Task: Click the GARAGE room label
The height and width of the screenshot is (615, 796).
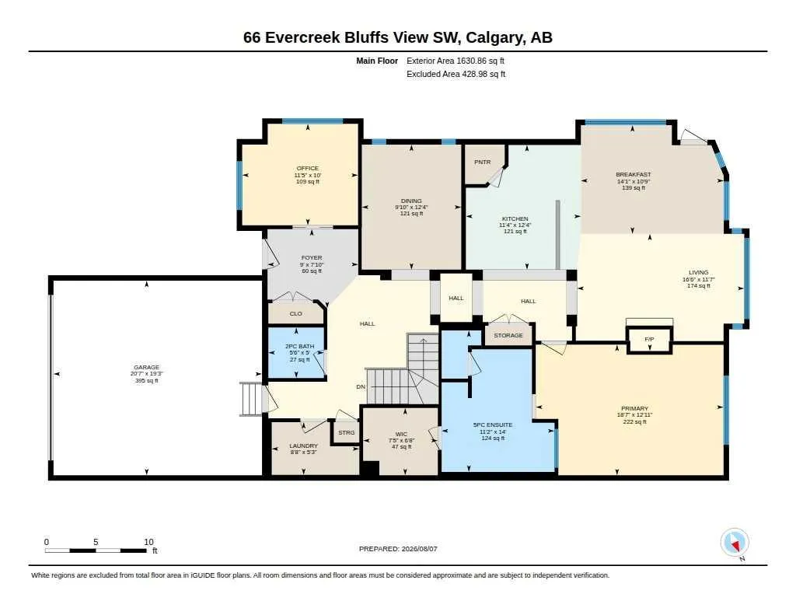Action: pos(147,367)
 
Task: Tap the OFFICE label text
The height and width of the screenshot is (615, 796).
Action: pos(308,168)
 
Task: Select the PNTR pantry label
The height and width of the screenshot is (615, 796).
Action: pos(482,162)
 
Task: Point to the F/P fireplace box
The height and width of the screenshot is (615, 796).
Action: pos(649,339)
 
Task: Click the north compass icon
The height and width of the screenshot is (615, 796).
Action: pos(735,543)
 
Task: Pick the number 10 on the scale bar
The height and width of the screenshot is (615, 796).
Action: pos(148,542)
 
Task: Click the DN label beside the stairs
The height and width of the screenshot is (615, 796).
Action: pos(361,386)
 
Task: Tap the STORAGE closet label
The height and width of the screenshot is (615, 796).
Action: pos(508,335)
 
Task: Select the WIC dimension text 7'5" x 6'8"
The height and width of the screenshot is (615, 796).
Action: pos(401,440)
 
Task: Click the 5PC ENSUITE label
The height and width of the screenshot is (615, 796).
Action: pos(492,425)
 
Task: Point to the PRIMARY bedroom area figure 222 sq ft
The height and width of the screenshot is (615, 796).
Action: pos(634,421)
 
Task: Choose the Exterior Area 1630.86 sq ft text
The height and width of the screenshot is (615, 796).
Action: pos(456,61)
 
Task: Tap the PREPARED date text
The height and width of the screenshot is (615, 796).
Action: pos(398,548)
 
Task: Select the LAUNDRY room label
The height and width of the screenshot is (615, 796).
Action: pos(304,446)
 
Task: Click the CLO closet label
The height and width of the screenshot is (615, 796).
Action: pos(295,313)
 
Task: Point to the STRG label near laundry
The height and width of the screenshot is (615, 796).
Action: pos(347,432)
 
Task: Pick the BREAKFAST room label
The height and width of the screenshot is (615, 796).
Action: pos(633,174)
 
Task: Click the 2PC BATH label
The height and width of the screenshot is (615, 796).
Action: pos(299,346)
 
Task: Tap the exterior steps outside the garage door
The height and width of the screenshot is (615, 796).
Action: pos(251,399)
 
